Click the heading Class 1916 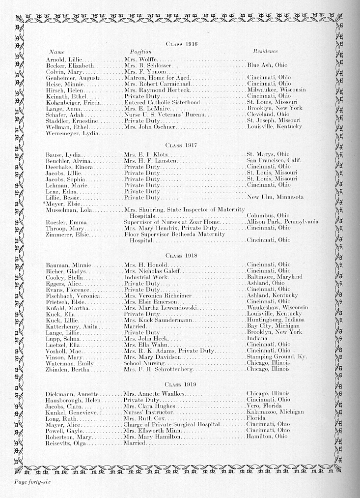(182, 44)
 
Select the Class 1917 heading (182, 145)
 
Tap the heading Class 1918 (182, 256)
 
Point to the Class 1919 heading (182, 384)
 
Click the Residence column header (265, 51)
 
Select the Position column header (141, 52)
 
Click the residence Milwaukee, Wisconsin (277, 90)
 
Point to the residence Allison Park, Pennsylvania (282, 222)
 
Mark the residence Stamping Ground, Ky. (277, 357)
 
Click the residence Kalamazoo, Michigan (275, 412)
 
